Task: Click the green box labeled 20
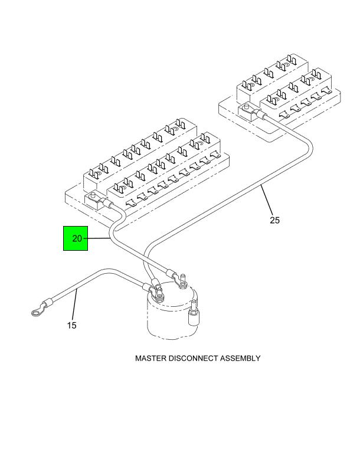(76, 238)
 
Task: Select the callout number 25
(274, 221)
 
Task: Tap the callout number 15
(71, 325)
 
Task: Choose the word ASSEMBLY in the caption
(241, 358)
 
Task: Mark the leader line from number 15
(74, 309)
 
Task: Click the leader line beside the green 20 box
(99, 238)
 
